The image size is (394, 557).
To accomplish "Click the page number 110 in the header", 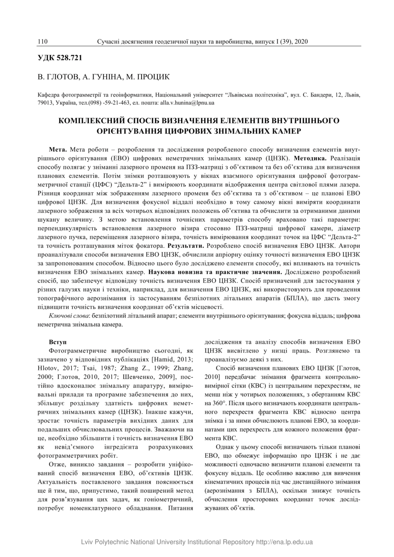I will [x=43, y=42].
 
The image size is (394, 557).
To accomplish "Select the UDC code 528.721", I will [x=69, y=58].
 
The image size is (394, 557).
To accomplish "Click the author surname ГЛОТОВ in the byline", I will [x=62, y=77].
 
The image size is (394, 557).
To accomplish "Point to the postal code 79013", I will [x=44, y=103].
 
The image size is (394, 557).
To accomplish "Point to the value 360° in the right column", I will [x=211, y=403].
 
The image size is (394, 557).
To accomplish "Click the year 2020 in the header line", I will [x=300, y=42].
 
